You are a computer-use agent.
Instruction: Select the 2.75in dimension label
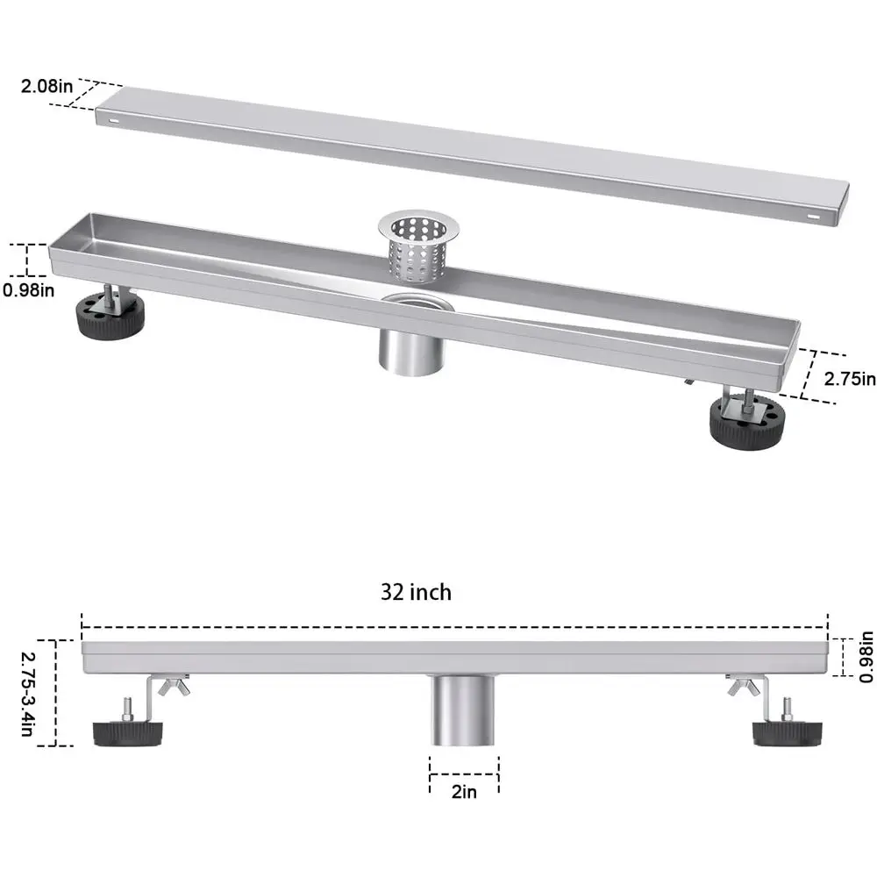[849, 379]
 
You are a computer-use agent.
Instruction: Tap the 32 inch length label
[416, 593]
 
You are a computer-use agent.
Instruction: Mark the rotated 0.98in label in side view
[866, 658]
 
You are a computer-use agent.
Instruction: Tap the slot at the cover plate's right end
[816, 215]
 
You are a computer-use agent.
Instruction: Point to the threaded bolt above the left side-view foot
[127, 708]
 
